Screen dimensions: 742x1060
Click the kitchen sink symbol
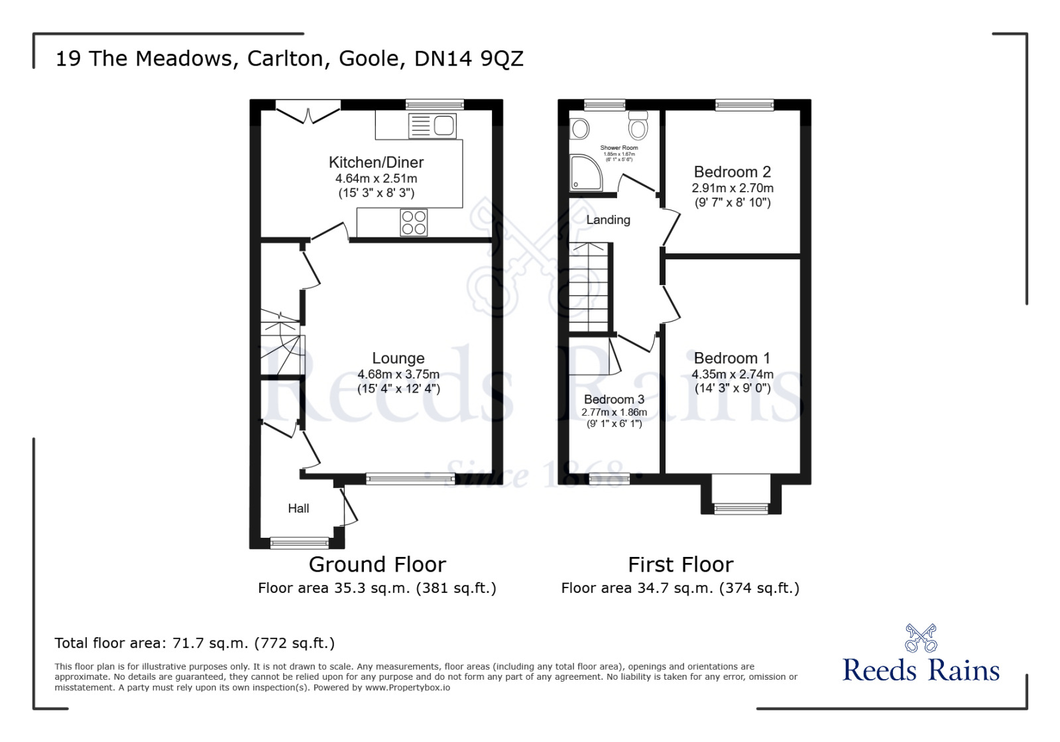point(432,125)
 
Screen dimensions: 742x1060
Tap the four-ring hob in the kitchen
point(414,223)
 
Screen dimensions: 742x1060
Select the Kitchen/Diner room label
point(376,162)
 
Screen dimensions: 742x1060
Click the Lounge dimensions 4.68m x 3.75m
point(398,374)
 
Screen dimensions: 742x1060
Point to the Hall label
point(298,509)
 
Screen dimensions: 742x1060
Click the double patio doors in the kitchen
point(308,113)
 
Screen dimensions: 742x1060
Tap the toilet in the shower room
point(638,125)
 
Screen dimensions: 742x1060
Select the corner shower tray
point(585,172)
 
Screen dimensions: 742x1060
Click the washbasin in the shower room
point(581,129)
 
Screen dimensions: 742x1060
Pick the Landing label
point(608,220)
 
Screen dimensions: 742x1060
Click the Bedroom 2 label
point(732,172)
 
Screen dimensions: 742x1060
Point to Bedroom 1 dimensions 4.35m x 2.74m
point(733,374)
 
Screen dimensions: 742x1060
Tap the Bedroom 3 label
point(614,399)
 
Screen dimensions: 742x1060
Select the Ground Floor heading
point(377,564)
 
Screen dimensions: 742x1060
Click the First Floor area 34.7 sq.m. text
point(680,588)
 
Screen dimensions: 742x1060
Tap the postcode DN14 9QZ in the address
point(469,58)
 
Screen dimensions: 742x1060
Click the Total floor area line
point(194,643)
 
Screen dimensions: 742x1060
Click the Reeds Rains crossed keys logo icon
point(921,638)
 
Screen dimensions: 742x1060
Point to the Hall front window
point(300,543)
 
